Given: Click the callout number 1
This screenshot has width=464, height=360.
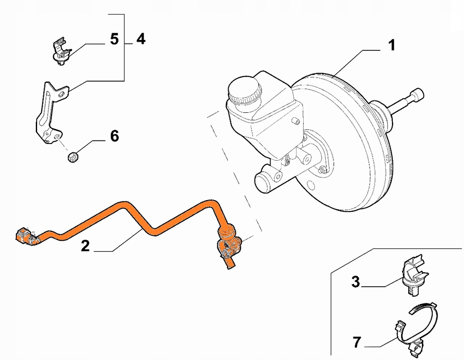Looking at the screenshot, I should pyautogui.click(x=391, y=45).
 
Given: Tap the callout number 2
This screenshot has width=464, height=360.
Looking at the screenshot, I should pyautogui.click(x=85, y=246).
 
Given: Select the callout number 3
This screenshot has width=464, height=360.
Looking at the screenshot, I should pyautogui.click(x=355, y=282).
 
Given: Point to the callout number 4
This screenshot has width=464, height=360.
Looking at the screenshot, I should pyautogui.click(x=141, y=39).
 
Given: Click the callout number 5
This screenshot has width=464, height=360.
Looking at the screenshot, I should pyautogui.click(x=114, y=39).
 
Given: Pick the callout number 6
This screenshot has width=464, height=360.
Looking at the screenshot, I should pyautogui.click(x=114, y=135).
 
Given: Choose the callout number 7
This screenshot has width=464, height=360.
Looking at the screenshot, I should pyautogui.click(x=357, y=343).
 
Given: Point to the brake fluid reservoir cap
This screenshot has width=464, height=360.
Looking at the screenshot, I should pyautogui.click(x=245, y=90).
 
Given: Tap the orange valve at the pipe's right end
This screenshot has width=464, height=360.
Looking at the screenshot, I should pyautogui.click(x=228, y=240).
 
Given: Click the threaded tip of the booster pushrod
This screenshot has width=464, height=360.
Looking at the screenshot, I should pyautogui.click(x=416, y=96).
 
